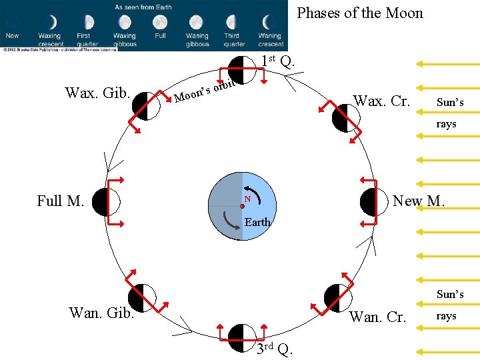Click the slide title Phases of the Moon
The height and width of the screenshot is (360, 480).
tap(359, 13)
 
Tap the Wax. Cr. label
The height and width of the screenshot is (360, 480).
tap(381, 101)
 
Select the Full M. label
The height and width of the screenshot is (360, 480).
tap(60, 201)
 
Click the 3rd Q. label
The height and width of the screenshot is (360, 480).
tap(274, 348)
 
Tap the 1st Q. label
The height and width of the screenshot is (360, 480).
tap(277, 61)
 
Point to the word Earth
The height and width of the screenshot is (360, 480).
tap(257, 222)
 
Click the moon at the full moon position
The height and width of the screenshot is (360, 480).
tap(105, 202)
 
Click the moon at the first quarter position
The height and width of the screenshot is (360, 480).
tap(241, 69)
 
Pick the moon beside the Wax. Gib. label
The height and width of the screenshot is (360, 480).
tap(146, 106)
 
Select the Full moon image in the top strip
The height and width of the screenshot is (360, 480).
tap(160, 23)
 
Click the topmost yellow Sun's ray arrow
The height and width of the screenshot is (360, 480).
tap(447, 64)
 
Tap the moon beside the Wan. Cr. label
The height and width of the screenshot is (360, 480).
tap(336, 297)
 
